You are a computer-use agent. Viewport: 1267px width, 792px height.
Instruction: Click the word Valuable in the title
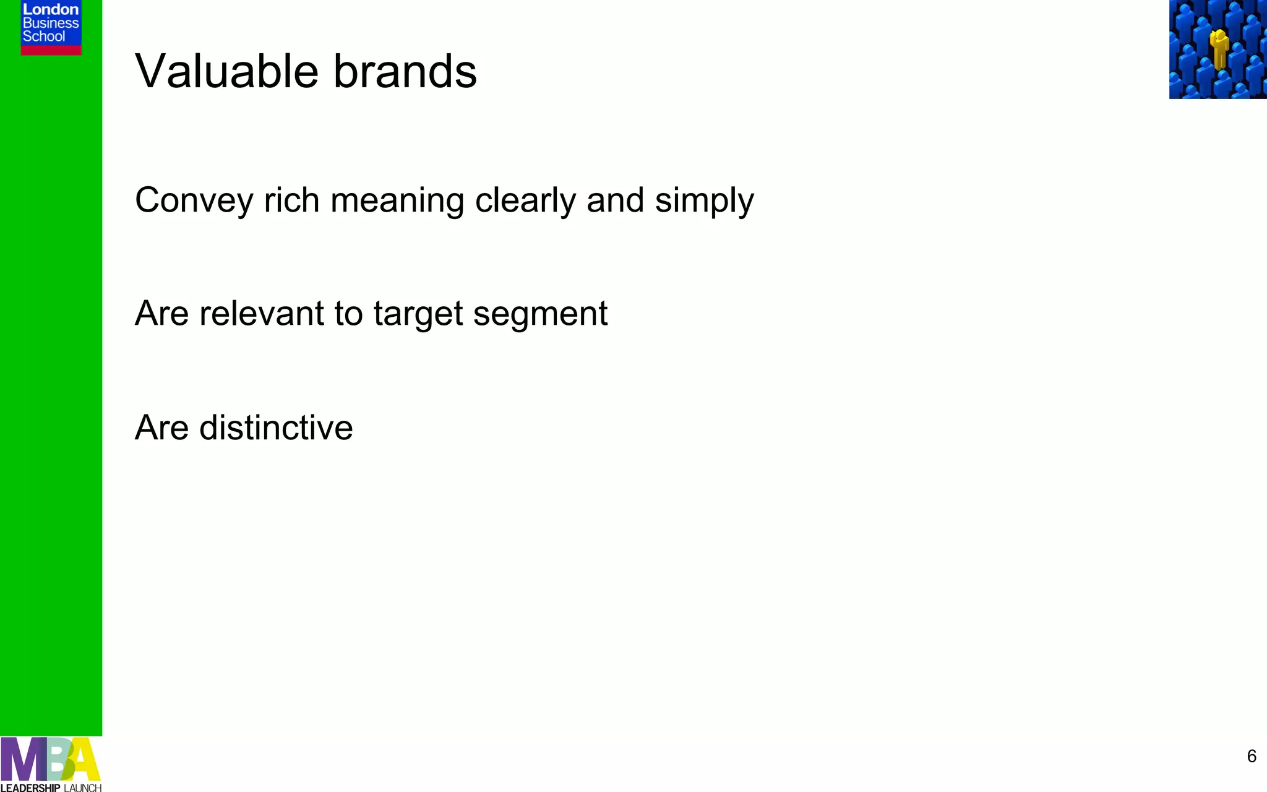point(226,71)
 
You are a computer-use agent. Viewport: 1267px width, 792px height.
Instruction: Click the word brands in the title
point(405,71)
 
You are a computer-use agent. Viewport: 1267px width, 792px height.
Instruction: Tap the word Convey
point(195,200)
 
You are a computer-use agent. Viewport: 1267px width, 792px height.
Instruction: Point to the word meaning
point(397,202)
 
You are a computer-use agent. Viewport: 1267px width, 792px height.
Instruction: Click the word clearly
point(526,200)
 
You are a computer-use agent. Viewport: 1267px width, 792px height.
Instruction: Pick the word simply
point(705,202)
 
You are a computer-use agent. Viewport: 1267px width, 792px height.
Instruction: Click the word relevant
point(262,313)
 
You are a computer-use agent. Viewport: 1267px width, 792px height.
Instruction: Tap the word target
point(418,314)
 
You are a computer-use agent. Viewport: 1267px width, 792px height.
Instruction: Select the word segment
point(540,314)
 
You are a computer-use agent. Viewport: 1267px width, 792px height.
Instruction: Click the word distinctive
point(276,428)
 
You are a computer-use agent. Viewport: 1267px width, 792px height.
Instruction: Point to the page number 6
point(1252,756)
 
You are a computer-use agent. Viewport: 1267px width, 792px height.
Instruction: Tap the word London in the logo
point(51,9)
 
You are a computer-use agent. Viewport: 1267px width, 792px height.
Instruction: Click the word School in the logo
point(44,37)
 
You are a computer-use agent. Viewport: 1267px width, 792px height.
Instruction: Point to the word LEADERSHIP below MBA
point(30,788)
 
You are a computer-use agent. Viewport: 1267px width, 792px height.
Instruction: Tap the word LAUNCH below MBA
point(82,788)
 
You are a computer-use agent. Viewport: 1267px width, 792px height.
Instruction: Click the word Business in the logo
point(51,23)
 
